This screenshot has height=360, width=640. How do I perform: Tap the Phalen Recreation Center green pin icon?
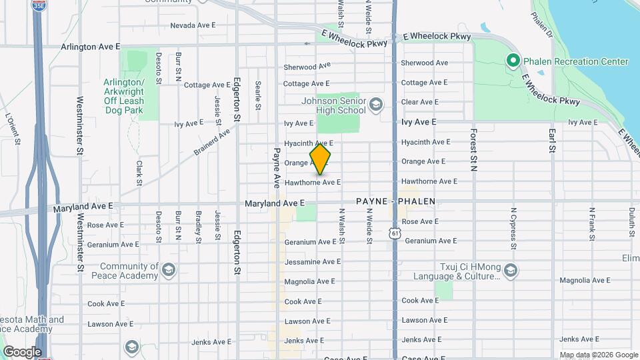(x=513, y=61)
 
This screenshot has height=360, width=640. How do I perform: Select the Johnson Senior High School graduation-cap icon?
(x=376, y=103)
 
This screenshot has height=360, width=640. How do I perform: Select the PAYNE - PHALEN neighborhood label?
(x=395, y=201)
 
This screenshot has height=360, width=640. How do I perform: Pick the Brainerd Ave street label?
(x=211, y=142)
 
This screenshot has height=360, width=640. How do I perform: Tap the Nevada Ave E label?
(x=193, y=25)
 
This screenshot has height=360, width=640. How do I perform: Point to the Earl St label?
(x=553, y=140)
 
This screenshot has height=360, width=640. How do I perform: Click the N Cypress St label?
(x=513, y=227)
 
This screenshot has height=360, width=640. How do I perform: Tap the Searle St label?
(x=257, y=95)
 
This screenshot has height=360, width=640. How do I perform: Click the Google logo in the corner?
(x=22, y=351)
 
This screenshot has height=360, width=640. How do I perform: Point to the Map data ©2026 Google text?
(x=599, y=355)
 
